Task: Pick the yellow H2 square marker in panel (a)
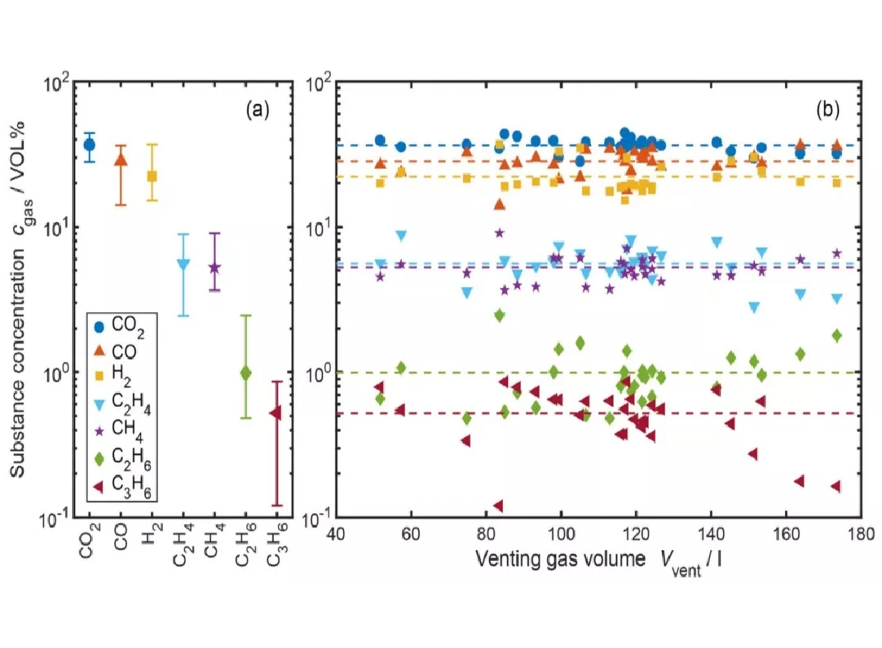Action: coord(152,176)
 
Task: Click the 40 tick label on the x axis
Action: coord(336,534)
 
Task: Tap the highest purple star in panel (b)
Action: coord(499,233)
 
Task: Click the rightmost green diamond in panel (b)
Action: coord(837,336)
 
